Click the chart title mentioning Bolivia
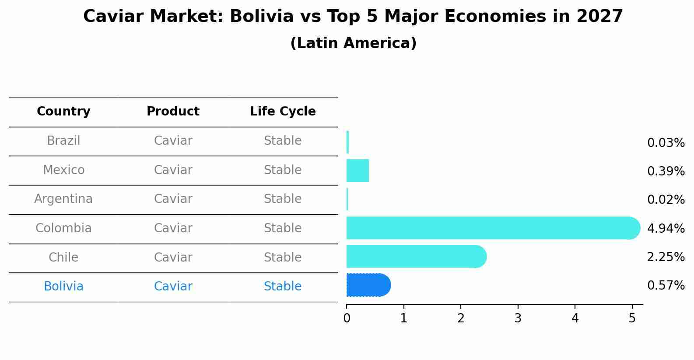[353, 17]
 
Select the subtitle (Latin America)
[353, 43]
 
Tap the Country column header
[63, 112]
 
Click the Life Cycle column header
[283, 112]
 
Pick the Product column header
[173, 112]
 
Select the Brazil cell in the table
[63, 141]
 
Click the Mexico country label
[63, 170]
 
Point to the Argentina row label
[63, 199]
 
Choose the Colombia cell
[63, 228]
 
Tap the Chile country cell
[63, 257]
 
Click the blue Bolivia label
[63, 287]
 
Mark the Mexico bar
[358, 171]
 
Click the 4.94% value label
[666, 228]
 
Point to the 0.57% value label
[666, 286]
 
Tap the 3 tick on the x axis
[518, 318]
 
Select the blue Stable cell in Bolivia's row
[283, 287]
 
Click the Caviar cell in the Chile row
[173, 257]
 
